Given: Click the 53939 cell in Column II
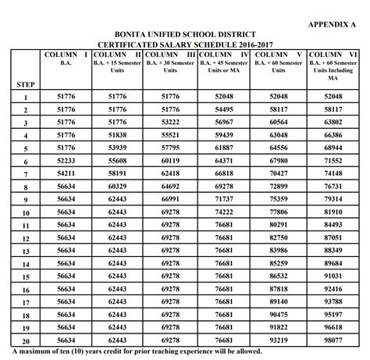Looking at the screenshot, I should coord(116,148).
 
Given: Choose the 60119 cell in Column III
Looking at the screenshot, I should coord(170,160).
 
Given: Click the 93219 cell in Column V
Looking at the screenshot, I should coord(279,340).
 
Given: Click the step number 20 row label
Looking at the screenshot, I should coord(25,341).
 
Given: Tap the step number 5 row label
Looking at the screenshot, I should coord(25,148).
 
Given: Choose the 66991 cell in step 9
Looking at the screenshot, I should coord(170,199).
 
